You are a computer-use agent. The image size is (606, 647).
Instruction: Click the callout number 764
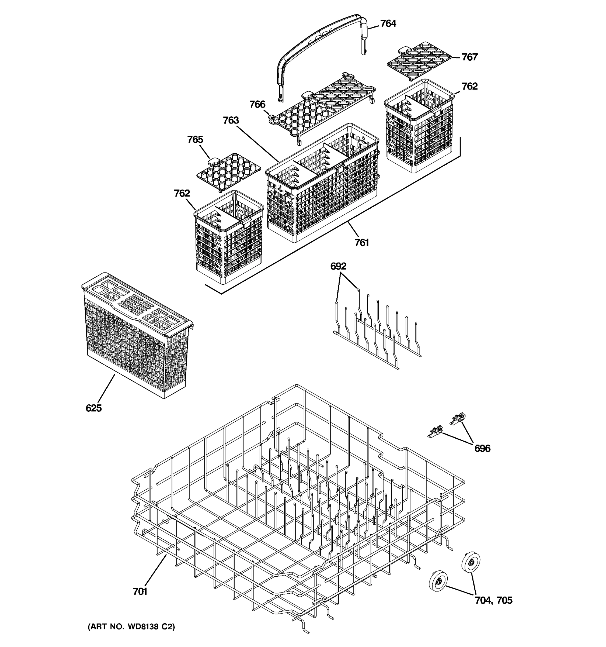[x=388, y=24]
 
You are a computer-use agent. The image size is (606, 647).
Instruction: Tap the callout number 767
[x=469, y=57]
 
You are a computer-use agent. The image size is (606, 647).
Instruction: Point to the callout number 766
[x=257, y=105]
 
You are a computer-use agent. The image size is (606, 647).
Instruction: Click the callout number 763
[x=231, y=121]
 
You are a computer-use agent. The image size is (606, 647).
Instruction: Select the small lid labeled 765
[x=229, y=171]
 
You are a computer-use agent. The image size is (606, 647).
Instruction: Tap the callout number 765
[x=195, y=140]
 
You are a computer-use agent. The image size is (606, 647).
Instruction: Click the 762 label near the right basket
[x=469, y=87]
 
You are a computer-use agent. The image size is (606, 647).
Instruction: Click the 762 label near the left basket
[x=182, y=193]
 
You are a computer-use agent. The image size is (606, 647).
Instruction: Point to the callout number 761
[x=361, y=242]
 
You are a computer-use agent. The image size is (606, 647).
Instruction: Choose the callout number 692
[x=338, y=266]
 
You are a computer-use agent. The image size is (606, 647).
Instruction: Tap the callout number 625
[x=94, y=408]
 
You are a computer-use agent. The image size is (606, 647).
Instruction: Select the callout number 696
[x=482, y=449]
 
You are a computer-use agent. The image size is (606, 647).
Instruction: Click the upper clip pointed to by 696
[x=458, y=419]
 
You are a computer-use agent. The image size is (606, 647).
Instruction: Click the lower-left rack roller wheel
[x=438, y=580]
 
